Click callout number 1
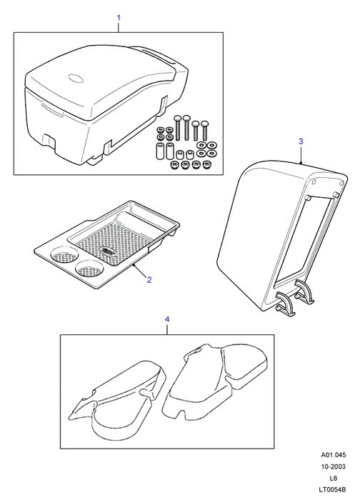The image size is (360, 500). pyautogui.click(x=119, y=18)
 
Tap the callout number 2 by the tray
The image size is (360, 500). pyautogui.click(x=149, y=280)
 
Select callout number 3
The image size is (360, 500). pyautogui.click(x=301, y=141)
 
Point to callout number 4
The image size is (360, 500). pyautogui.click(x=166, y=319)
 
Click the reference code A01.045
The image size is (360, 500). pyautogui.click(x=334, y=455)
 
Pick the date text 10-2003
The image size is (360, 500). pyautogui.click(x=334, y=466)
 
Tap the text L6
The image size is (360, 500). pyautogui.click(x=334, y=478)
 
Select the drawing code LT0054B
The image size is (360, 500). pyautogui.click(x=334, y=489)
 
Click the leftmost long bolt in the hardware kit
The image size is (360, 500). pyautogui.click(x=178, y=128)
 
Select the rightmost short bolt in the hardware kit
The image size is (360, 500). pyautogui.click(x=204, y=131)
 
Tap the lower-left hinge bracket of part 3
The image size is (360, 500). pyautogui.click(x=285, y=304)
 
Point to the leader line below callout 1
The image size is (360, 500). pyautogui.click(x=119, y=27)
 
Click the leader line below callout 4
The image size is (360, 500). pyautogui.click(x=166, y=329)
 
